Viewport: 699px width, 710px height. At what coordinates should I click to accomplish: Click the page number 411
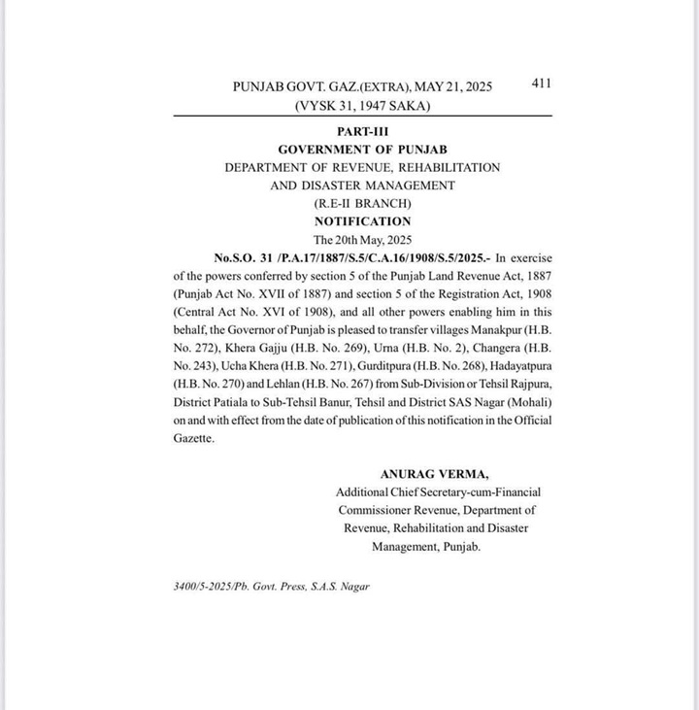pos(542,84)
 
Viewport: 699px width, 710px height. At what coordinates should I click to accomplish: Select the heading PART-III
pos(362,131)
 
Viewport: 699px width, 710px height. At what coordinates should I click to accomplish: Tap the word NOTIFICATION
pos(362,221)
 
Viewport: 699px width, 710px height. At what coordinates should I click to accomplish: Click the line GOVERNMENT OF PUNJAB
pos(362,150)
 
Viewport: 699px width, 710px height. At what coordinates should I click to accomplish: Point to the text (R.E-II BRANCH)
pos(362,203)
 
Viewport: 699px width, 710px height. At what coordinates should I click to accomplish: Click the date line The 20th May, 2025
pos(362,239)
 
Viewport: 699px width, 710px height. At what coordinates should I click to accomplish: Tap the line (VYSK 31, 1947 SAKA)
pos(362,105)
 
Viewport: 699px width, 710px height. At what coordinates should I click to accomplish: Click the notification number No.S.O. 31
pos(250,257)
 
